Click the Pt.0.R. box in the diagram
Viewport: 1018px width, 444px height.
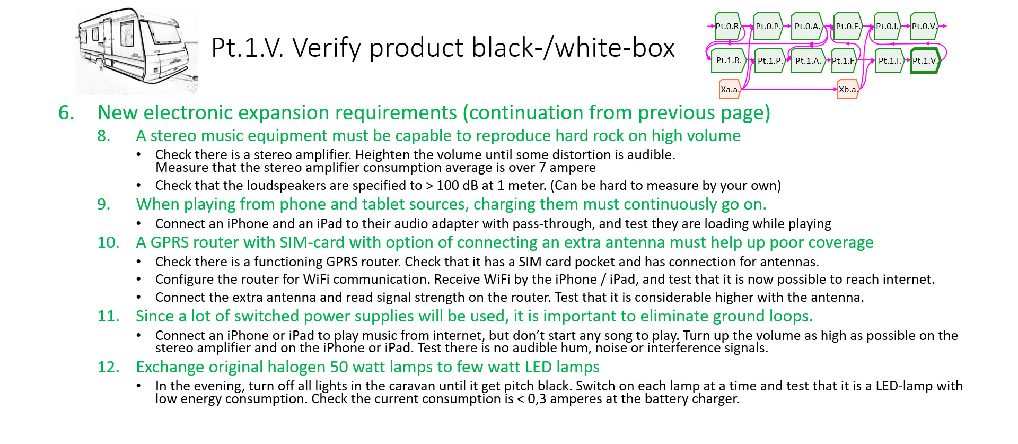click(728, 26)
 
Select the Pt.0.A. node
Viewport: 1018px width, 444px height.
click(808, 26)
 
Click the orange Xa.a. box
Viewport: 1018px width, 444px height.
click(730, 89)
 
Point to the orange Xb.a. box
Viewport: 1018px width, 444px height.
click(848, 89)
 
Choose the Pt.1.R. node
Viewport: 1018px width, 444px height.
click(729, 60)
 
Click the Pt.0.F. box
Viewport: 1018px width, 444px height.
click(848, 26)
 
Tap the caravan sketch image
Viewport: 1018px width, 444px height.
click(136, 51)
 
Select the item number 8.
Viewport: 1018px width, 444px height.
click(104, 136)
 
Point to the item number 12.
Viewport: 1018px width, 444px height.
click(109, 367)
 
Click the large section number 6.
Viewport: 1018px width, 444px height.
click(66, 112)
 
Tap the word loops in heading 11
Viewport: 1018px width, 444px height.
click(788, 317)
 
